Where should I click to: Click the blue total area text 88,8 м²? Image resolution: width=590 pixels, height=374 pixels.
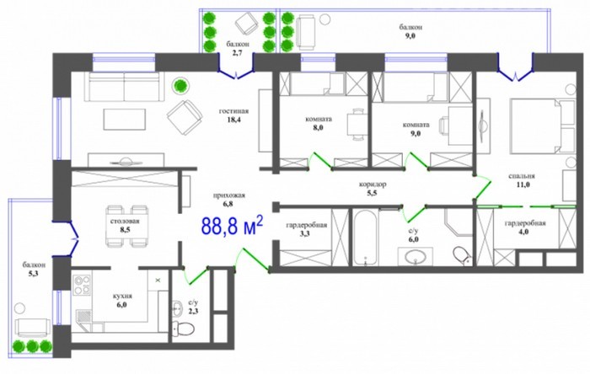pyautogui.click(x=232, y=226)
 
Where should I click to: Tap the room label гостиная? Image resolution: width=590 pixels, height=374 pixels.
pyautogui.click(x=233, y=111)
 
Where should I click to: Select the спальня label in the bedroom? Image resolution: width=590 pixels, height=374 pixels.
pyautogui.click(x=522, y=176)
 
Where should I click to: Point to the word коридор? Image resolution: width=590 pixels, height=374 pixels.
pyautogui.click(x=373, y=184)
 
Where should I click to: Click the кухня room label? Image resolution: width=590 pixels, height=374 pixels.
pyautogui.click(x=122, y=297)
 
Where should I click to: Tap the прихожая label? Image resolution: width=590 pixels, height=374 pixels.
pyautogui.click(x=228, y=195)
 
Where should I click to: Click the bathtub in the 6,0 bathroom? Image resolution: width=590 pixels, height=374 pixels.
pyautogui.click(x=365, y=238)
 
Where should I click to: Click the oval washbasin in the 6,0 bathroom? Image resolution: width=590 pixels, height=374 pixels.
pyautogui.click(x=416, y=258)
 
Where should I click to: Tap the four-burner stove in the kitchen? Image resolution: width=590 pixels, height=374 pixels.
pyautogui.click(x=82, y=286)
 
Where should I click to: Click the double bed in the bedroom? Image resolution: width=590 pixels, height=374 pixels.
pyautogui.click(x=542, y=126)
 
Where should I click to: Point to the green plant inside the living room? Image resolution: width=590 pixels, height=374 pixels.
pyautogui.click(x=181, y=86)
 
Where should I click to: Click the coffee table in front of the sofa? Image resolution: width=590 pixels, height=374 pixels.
pyautogui.click(x=125, y=120)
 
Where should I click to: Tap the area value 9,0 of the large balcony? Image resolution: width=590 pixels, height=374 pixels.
pyautogui.click(x=410, y=36)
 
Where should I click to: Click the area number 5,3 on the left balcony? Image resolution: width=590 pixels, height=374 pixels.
pyautogui.click(x=34, y=274)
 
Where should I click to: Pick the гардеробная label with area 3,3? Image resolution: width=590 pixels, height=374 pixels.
pyautogui.click(x=306, y=225)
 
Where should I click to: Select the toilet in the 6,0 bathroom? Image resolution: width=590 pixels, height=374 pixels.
pyautogui.click(x=461, y=255)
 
